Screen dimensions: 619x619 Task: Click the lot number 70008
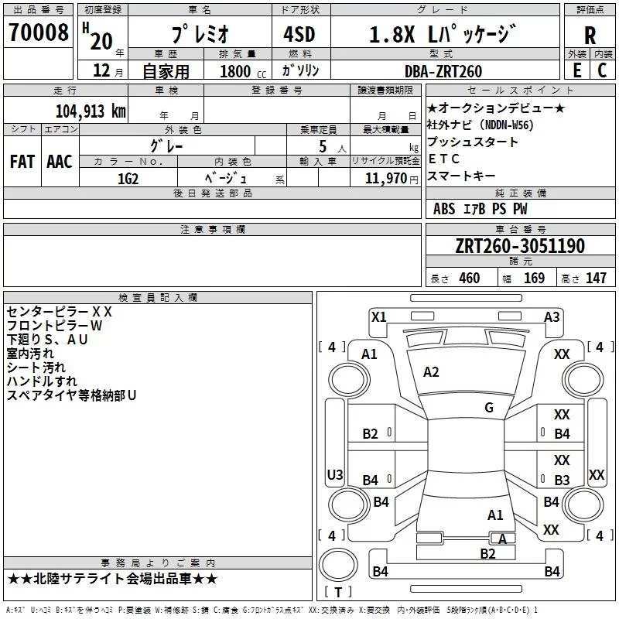click(39, 32)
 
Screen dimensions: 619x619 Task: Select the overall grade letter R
click(590, 35)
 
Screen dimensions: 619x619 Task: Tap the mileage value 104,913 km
click(91, 111)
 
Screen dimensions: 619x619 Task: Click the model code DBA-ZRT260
click(443, 71)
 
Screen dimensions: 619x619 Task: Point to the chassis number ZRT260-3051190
click(520, 246)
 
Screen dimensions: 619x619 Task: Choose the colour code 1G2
click(128, 179)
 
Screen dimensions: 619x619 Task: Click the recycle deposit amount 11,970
click(385, 179)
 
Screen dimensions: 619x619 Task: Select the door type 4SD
click(299, 34)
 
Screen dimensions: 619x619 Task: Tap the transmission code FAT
click(22, 162)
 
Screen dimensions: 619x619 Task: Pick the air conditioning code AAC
click(60, 162)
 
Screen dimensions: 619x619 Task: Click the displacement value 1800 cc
click(243, 71)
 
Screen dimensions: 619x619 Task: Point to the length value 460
click(470, 278)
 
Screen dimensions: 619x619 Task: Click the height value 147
click(596, 278)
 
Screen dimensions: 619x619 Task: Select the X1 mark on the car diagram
click(379, 317)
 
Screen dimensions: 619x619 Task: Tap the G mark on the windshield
click(489, 408)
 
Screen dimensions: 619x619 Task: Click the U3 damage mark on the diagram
click(335, 474)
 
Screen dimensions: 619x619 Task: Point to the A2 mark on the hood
click(431, 372)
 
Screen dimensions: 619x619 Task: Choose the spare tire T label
click(338, 592)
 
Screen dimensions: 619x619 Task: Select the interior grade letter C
click(602, 70)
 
